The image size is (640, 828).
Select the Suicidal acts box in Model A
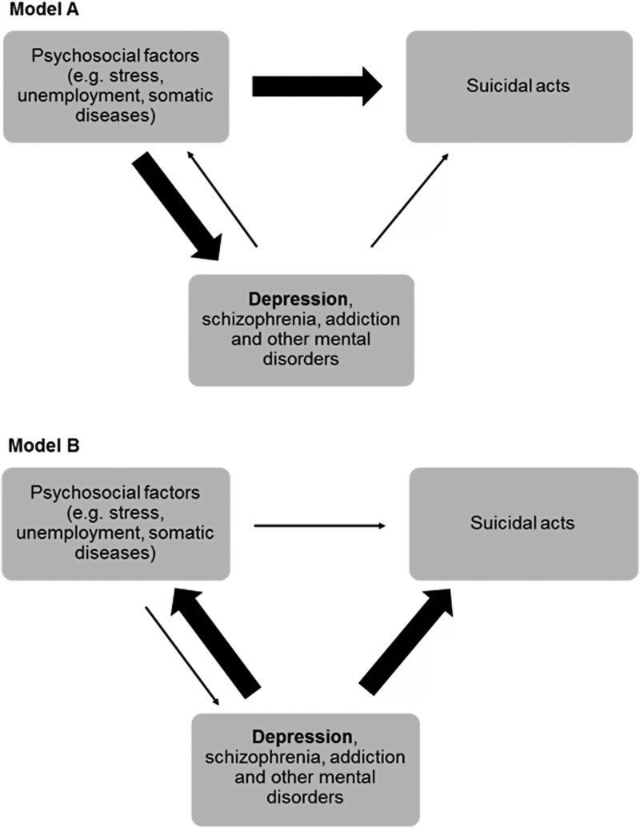click(518, 86)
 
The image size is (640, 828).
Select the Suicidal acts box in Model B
click(524, 525)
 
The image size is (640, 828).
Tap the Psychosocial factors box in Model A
click(117, 86)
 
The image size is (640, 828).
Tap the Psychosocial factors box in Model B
click(117, 525)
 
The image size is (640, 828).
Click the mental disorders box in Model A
click(301, 330)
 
